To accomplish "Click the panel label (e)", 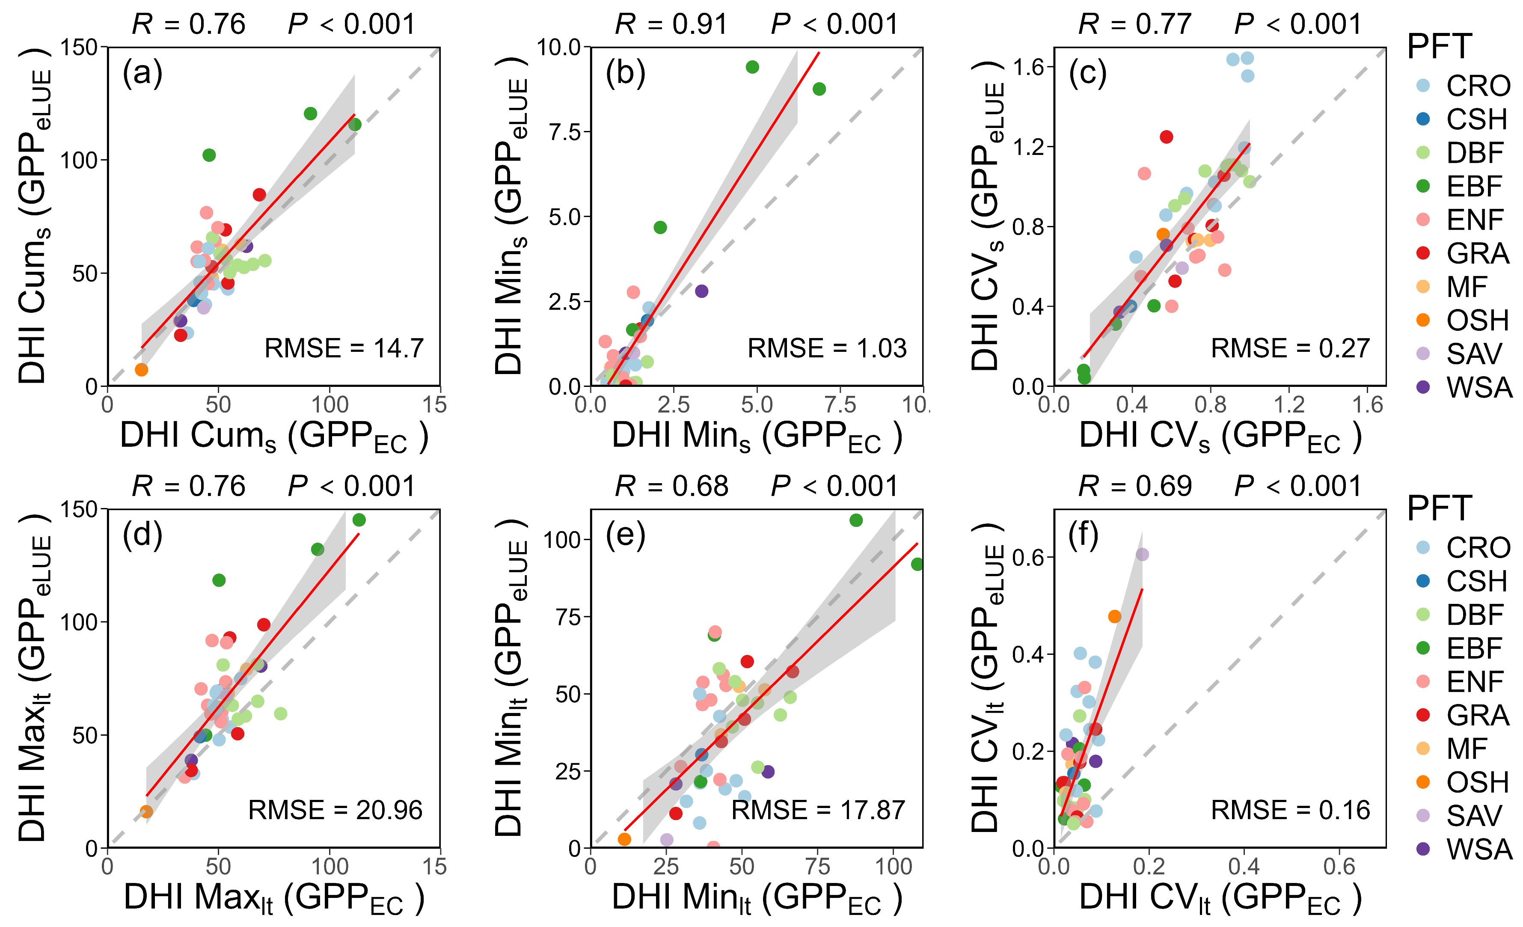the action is (x=626, y=535).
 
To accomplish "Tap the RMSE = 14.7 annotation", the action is (x=344, y=348).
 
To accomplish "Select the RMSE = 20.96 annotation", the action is (x=335, y=810).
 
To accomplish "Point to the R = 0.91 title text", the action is (x=671, y=24).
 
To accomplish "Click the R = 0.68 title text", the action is (x=671, y=486).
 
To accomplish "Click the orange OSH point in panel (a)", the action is (x=142, y=370).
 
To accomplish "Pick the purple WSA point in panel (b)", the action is (x=701, y=291).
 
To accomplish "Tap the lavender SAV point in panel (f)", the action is (x=1142, y=554).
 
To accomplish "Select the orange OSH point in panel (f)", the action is (x=1114, y=616).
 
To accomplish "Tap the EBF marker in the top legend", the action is (x=1423, y=186).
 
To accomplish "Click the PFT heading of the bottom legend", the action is (x=1440, y=508).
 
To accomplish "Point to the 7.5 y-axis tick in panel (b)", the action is (x=565, y=132).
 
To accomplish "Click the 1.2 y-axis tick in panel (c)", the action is (x=1028, y=147).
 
